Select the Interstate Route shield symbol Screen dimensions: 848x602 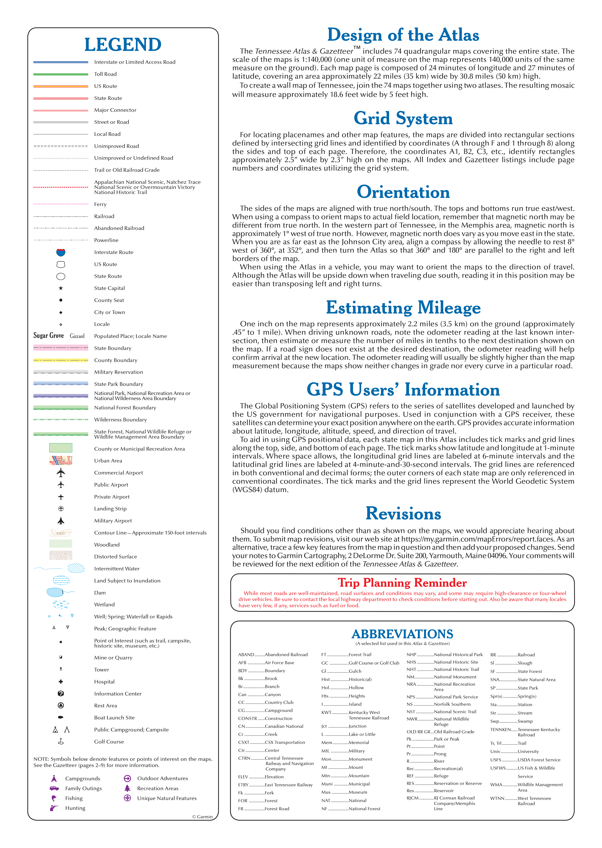(61, 252)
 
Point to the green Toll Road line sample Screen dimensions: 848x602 (61, 74)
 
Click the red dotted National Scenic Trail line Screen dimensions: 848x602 (61, 187)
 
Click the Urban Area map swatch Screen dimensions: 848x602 (61, 460)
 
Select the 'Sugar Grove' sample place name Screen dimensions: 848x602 (49, 336)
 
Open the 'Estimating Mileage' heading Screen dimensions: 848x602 (403, 308)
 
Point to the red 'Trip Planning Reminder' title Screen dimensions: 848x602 (402, 583)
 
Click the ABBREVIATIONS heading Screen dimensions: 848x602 (402, 634)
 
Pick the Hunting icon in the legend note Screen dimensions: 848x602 (54, 808)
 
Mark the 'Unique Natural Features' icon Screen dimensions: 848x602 (127, 798)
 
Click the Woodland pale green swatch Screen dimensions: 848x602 (61, 544)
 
